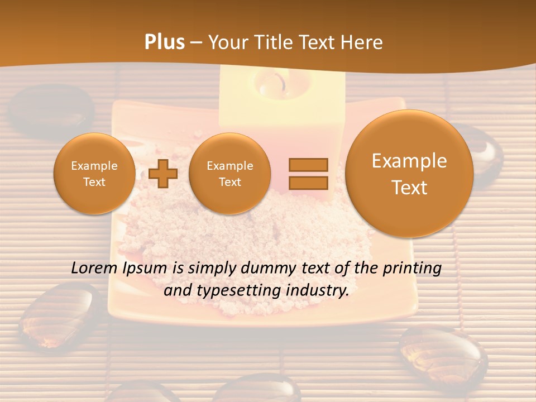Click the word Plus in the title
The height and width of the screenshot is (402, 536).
click(164, 42)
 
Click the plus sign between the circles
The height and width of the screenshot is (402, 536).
click(163, 174)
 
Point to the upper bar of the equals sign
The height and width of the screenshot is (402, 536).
click(308, 165)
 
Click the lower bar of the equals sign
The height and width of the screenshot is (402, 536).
click(308, 183)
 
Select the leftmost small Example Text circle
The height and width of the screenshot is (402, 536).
click(94, 174)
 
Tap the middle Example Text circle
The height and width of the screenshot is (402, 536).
click(229, 174)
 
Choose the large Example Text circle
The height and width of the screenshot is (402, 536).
click(409, 174)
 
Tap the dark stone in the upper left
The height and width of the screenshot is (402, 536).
click(54, 109)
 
